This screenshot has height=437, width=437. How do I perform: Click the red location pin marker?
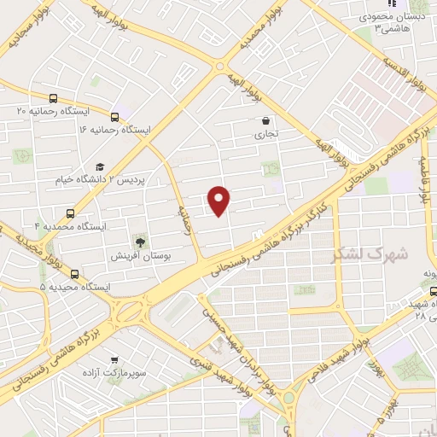pyautogui.click(x=219, y=200)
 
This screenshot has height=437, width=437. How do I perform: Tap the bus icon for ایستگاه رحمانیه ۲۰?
pyautogui.click(x=54, y=98)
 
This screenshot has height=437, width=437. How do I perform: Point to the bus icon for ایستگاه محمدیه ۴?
pyautogui.click(x=70, y=213)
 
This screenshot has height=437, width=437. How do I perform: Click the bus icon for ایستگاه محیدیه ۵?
pyautogui.click(x=75, y=274)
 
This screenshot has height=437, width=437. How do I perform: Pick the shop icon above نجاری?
pyautogui.click(x=265, y=121)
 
